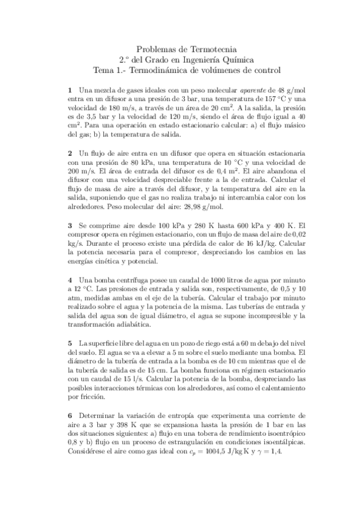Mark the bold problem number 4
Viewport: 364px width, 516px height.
pyautogui.click(x=70, y=281)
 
